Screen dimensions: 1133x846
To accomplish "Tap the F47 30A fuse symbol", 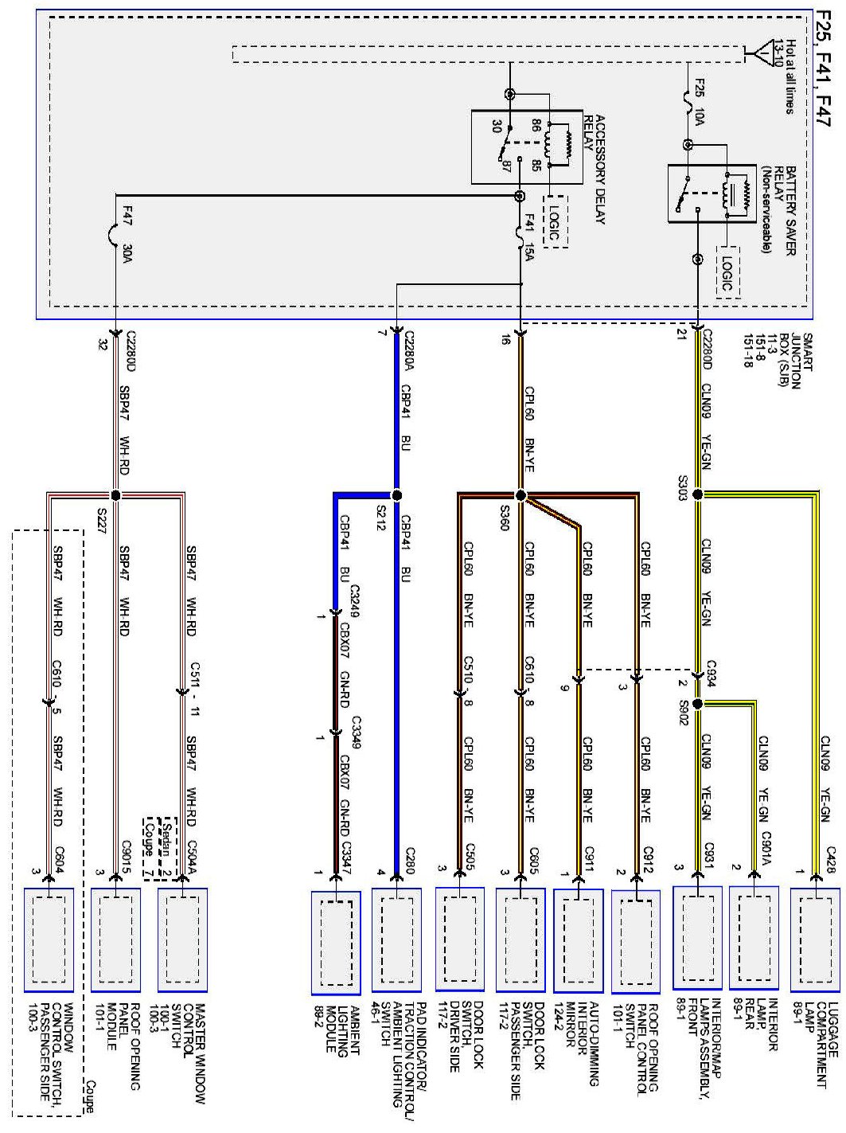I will tap(116, 236).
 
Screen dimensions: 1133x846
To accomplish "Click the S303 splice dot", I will tap(698, 494).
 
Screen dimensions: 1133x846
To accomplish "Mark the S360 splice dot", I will tap(521, 495).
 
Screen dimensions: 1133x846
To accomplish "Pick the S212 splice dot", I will tap(396, 494).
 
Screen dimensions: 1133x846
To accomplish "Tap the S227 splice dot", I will tap(116, 494).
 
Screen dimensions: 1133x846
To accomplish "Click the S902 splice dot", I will tap(698, 704).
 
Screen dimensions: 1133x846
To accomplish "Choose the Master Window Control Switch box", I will tap(183, 940).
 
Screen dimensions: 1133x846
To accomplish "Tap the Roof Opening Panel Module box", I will tap(116, 940).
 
